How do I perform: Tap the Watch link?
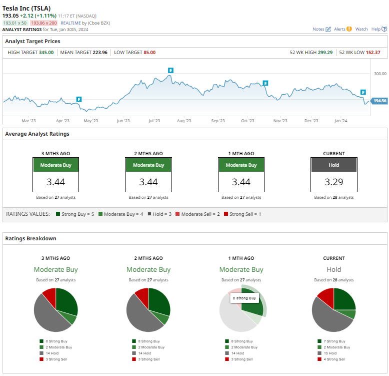361,29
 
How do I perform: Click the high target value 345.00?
46,52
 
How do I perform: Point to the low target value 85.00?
149,52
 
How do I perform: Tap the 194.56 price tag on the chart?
380,101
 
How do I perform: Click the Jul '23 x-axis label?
154,121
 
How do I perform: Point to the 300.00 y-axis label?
380,74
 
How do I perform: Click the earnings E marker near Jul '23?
170,71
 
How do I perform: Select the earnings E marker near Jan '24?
363,92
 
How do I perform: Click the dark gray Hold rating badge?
334,165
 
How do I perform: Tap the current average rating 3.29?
334,182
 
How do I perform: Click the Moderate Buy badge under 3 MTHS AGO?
56,165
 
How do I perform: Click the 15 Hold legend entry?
334,353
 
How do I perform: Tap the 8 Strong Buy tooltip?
244,298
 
